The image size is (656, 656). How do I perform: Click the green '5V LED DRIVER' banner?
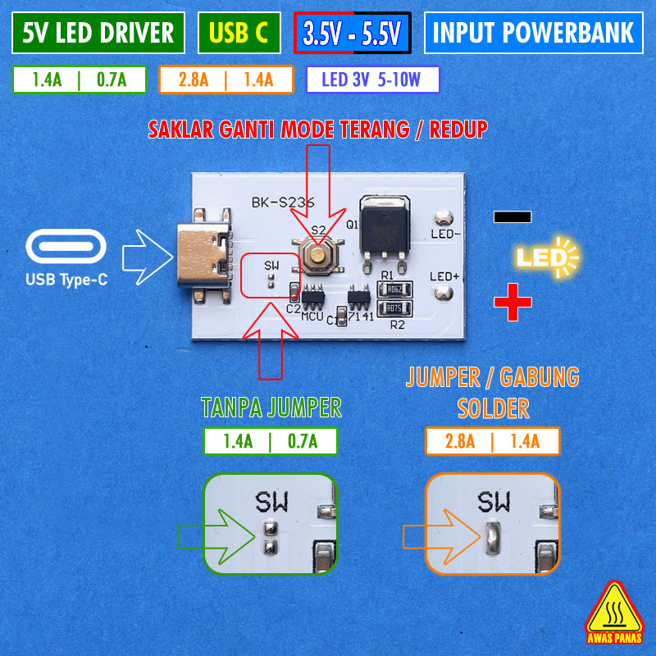[x=98, y=33]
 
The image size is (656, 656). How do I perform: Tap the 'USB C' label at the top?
[x=239, y=33]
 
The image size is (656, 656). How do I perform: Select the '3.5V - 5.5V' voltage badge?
[x=351, y=34]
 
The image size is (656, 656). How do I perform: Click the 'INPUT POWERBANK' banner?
[x=533, y=33]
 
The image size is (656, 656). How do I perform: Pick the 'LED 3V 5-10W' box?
[x=371, y=80]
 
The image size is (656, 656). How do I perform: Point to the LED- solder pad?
[x=444, y=219]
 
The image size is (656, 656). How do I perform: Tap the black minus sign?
[x=512, y=216]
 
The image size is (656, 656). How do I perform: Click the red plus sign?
[x=512, y=302]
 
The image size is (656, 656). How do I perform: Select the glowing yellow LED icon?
[x=546, y=258]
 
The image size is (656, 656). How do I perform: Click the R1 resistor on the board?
[x=394, y=289]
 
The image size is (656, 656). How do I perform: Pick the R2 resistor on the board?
[x=394, y=309]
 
